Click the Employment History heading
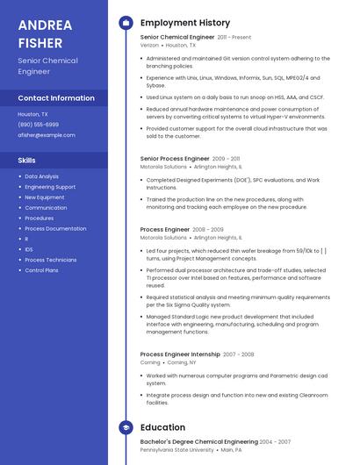185,23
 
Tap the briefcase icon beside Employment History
126,23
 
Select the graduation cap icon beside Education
126,428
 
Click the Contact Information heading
56,98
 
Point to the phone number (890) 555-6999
38,125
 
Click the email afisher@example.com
47,135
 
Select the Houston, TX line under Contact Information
32,114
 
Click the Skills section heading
27,161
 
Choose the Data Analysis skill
41,176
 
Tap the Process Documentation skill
55,228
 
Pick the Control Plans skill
41,270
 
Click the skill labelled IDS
29,249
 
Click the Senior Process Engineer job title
175,159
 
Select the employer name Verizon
150,45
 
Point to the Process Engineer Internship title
180,354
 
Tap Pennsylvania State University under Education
176,450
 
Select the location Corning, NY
181,362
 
